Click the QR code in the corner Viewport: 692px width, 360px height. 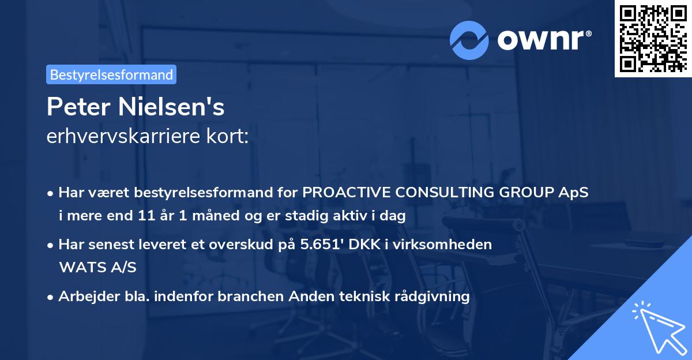pos(653,39)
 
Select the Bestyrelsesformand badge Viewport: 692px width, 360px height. pos(111,74)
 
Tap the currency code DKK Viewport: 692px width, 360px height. pos(374,244)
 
